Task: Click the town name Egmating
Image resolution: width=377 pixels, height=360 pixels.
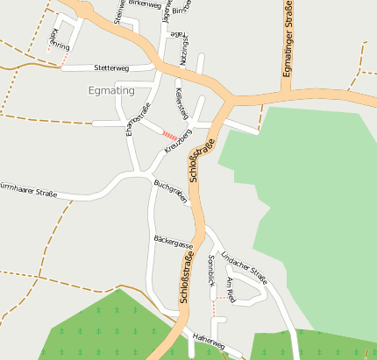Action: click(x=112, y=89)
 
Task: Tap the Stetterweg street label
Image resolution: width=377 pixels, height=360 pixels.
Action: click(x=111, y=67)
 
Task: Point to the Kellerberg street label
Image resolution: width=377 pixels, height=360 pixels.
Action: click(x=181, y=102)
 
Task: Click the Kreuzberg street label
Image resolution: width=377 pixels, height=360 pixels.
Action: click(x=178, y=145)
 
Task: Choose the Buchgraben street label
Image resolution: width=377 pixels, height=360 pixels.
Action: click(x=171, y=192)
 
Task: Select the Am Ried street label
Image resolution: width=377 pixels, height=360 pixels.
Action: click(x=231, y=288)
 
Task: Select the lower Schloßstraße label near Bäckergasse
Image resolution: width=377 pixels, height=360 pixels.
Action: click(x=187, y=277)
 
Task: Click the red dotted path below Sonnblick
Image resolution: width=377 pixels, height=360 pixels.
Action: click(x=212, y=307)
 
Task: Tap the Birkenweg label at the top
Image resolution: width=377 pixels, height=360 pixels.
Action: click(x=145, y=4)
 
